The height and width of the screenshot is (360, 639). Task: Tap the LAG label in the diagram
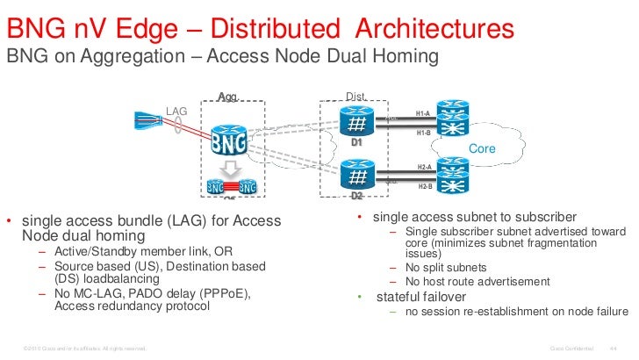(x=176, y=110)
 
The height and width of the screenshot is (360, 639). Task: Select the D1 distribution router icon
(x=356, y=123)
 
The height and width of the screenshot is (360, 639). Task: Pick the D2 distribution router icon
(x=356, y=176)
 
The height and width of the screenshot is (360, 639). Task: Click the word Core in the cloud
(x=484, y=149)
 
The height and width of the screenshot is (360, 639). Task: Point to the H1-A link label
(x=423, y=113)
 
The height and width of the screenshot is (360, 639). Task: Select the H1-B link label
(x=423, y=133)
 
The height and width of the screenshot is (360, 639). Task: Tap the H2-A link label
(x=423, y=167)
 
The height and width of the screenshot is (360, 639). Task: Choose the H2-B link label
(x=423, y=186)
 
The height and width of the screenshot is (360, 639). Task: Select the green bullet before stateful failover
(x=359, y=297)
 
